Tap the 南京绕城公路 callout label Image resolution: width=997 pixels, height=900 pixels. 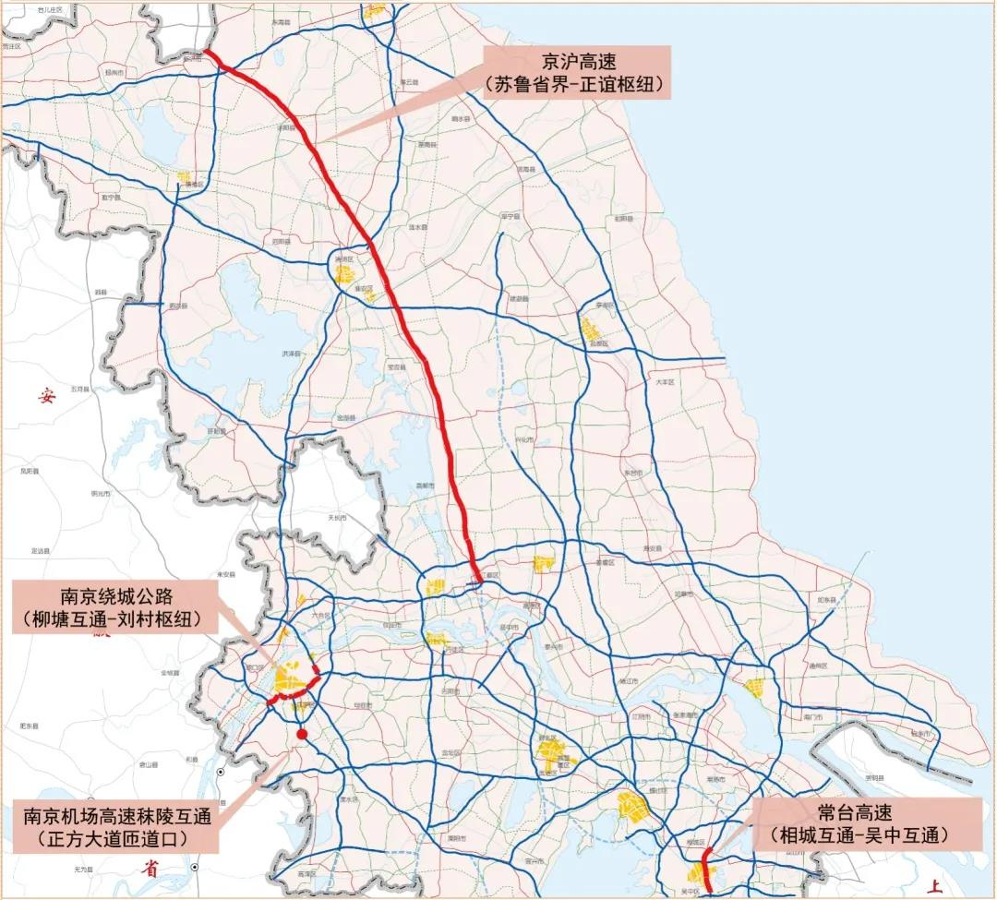click(x=116, y=606)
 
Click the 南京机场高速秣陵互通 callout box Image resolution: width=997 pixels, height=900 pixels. click(x=117, y=828)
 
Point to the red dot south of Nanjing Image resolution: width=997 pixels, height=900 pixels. click(x=302, y=734)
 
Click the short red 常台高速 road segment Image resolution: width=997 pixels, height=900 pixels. click(x=706, y=868)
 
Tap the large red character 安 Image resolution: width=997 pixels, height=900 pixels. click(x=46, y=397)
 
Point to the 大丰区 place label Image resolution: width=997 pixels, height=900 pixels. click(x=666, y=381)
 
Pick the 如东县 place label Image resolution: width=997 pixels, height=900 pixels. click(x=825, y=600)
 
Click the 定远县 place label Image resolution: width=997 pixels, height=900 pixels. click(x=41, y=550)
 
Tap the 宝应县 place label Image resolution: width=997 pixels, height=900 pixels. click(x=397, y=366)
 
